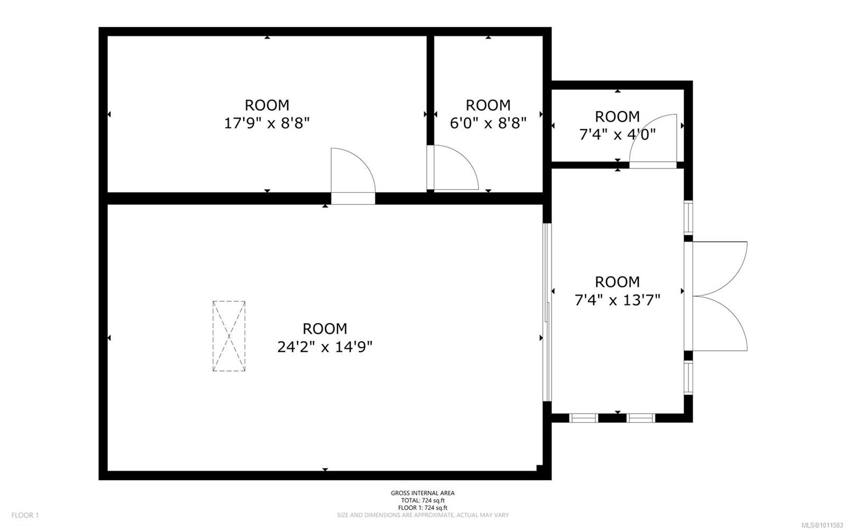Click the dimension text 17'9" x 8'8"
click(267, 124)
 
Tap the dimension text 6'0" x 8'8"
click(488, 124)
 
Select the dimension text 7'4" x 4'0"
click(617, 135)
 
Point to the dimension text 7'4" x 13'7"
click(617, 301)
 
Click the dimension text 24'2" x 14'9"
click(325, 347)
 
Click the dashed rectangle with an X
click(229, 336)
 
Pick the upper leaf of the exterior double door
click(719, 267)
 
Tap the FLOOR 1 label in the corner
click(25, 515)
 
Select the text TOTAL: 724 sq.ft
click(422, 500)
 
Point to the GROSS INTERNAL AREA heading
click(422, 493)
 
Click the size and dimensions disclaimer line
click(422, 515)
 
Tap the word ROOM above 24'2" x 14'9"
click(325, 328)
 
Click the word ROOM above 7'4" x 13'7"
click(617, 282)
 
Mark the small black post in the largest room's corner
click(539, 468)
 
